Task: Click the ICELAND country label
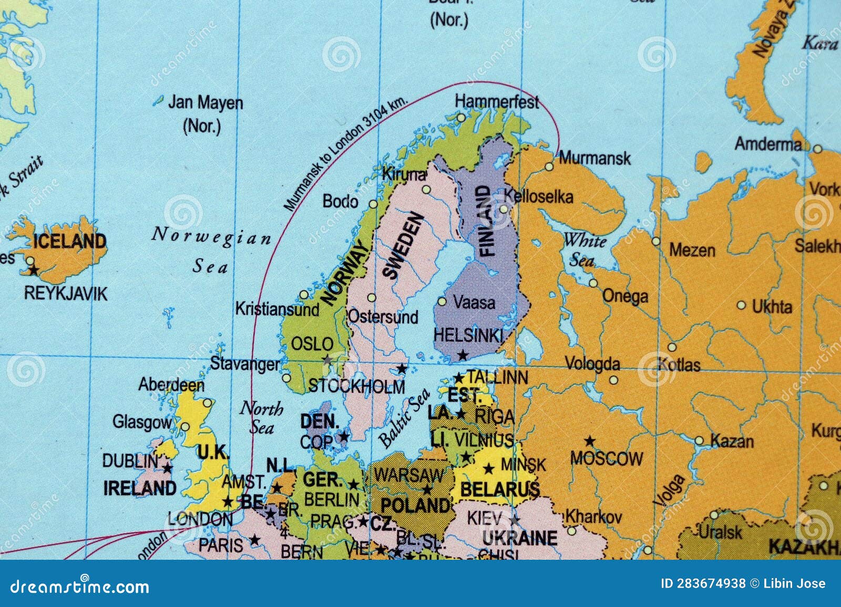[69, 242]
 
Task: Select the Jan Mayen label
[205, 103]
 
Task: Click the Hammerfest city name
[497, 101]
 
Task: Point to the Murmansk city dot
[549, 166]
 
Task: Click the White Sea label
[584, 250]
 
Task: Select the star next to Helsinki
[463, 355]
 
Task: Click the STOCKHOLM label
[356, 387]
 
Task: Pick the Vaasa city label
[474, 302]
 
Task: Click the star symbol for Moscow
[590, 441]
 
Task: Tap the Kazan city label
[732, 441]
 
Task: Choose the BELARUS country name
[499, 489]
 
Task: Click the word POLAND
[415, 506]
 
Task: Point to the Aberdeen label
[171, 385]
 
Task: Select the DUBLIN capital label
[130, 461]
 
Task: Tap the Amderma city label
[768, 144]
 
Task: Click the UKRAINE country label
[519, 538]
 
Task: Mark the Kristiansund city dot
[304, 295]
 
